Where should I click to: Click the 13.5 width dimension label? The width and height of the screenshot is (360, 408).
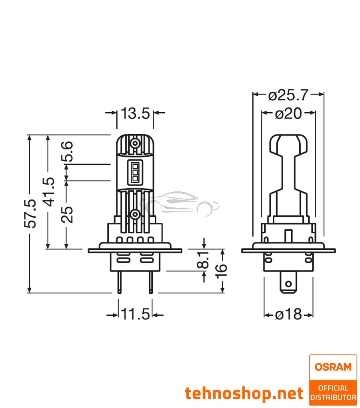(x=135, y=113)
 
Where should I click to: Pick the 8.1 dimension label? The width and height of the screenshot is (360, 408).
(x=204, y=260)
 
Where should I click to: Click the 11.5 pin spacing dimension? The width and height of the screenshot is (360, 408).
(x=135, y=314)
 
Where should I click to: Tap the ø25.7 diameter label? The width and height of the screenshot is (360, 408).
(x=288, y=95)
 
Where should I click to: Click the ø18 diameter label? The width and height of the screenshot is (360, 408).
(x=288, y=314)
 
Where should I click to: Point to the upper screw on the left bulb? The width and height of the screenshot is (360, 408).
(x=136, y=143)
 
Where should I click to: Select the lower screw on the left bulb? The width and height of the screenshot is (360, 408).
(x=136, y=215)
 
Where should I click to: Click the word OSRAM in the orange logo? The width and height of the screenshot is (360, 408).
(x=333, y=367)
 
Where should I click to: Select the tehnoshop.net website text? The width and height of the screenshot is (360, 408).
(x=244, y=394)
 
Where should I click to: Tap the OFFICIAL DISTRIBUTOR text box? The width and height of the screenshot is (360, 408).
(x=333, y=393)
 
